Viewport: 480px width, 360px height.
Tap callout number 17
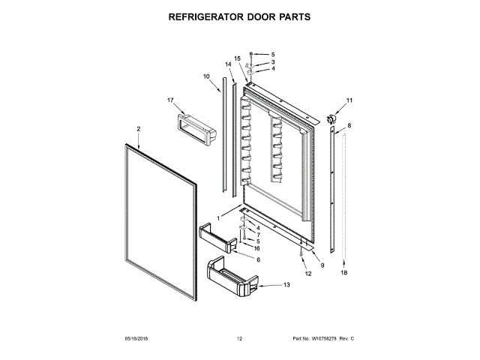click(170, 100)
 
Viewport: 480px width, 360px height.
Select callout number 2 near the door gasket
click(139, 129)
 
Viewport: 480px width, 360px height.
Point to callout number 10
click(206, 76)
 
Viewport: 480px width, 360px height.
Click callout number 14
click(228, 64)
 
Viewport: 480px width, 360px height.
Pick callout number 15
click(237, 58)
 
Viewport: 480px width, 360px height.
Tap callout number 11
click(348, 100)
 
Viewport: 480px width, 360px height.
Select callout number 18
click(344, 273)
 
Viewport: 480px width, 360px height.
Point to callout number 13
click(286, 285)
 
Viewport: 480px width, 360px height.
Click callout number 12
click(307, 274)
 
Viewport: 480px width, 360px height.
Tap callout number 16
click(256, 247)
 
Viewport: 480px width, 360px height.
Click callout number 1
click(219, 218)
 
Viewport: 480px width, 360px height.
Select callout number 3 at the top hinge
click(273, 61)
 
